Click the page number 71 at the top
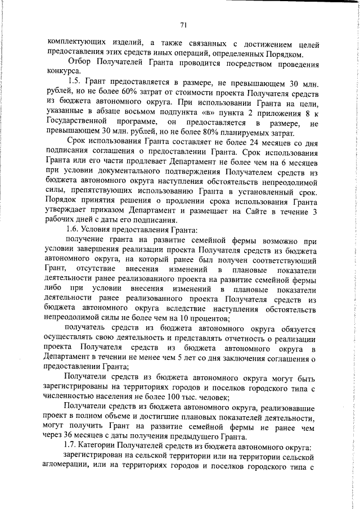tap(183, 24)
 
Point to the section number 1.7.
tap(73, 446)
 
